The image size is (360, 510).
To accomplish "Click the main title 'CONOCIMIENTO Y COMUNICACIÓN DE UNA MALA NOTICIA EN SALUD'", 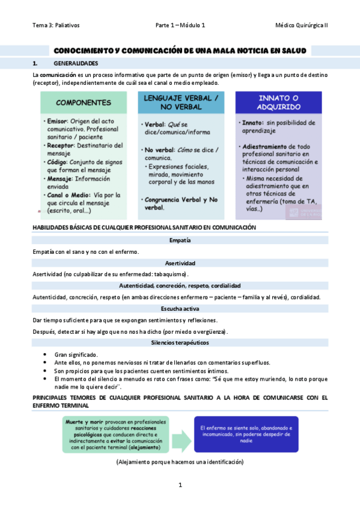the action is point(180,52).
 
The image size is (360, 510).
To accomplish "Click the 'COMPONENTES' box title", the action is point(84,102).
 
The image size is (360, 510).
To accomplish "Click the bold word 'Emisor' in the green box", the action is point(57,121).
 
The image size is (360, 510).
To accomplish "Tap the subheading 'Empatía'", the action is point(180,241).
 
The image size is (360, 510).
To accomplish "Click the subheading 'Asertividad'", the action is point(180,263).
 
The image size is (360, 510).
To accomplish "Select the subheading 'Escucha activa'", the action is point(180,309).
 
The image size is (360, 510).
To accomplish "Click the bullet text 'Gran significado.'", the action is point(76,354).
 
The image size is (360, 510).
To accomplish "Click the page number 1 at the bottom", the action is point(180,485).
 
